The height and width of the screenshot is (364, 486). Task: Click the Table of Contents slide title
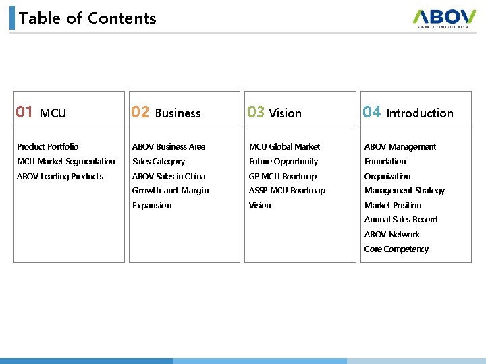pos(88,18)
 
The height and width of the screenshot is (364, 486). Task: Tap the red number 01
pos(25,112)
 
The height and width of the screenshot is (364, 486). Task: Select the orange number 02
pos(140,112)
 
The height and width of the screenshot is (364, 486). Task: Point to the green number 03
pos(256,112)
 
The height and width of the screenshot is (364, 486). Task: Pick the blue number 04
pos(372,112)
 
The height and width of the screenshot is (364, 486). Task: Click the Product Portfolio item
pos(47,146)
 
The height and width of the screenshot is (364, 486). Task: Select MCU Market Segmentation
pos(66,161)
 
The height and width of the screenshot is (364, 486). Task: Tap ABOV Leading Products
pos(60,176)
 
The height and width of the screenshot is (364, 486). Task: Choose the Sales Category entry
pos(159,161)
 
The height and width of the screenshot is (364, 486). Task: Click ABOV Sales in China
pos(169,176)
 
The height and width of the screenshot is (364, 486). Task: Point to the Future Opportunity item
pos(283,161)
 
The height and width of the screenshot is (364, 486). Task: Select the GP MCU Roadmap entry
pos(283,176)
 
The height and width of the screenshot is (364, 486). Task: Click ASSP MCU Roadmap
pos(287,191)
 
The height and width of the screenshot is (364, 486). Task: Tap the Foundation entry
pos(385,161)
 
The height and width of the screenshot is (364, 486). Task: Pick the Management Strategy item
pos(404,191)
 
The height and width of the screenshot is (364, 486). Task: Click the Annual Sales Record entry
pos(401,220)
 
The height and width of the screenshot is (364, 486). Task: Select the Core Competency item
pos(396,249)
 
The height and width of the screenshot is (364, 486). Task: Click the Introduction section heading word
pos(420,113)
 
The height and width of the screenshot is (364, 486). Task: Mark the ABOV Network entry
pos(392,235)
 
